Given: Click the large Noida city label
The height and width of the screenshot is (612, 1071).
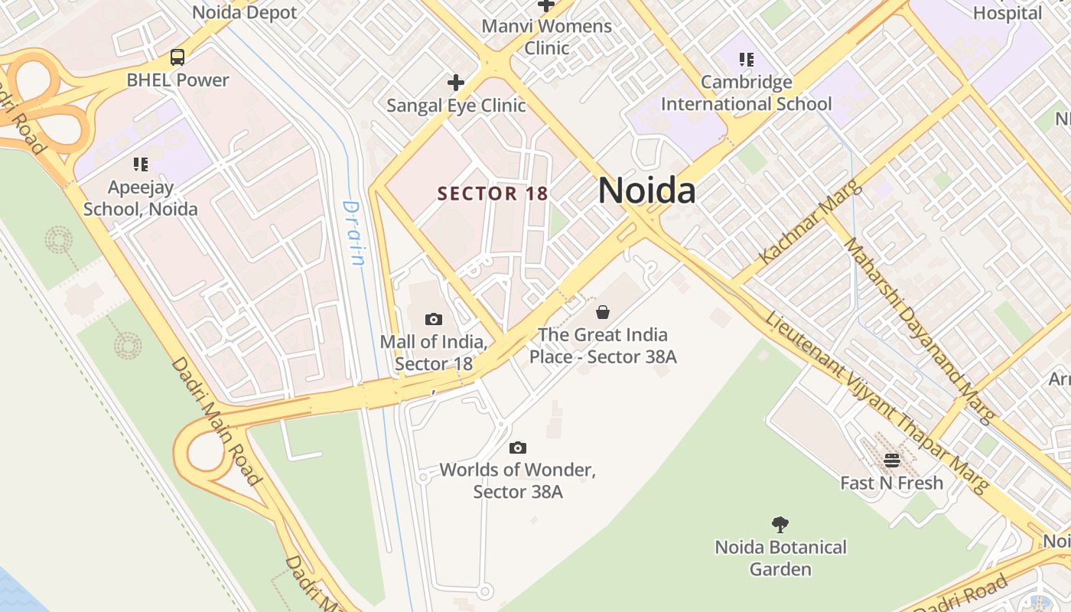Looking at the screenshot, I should [646, 190].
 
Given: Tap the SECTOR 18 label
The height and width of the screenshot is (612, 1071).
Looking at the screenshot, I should [493, 194].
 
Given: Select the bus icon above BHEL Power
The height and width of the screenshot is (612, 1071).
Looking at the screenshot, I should [177, 57].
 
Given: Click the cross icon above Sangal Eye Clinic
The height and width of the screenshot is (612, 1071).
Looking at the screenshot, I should [456, 83].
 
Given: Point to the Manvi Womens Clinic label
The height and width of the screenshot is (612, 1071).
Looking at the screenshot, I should [546, 37].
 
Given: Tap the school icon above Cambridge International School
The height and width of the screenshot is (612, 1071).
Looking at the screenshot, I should [746, 60].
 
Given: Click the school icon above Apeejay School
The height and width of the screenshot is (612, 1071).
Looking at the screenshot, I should [140, 164].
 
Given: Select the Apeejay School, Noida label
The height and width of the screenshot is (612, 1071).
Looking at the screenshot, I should [141, 198].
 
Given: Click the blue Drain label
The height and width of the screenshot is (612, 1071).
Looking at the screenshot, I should [353, 233].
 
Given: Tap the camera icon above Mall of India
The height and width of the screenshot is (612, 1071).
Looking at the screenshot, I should [434, 319].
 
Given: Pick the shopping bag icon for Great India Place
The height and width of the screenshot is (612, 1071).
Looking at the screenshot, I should [603, 312].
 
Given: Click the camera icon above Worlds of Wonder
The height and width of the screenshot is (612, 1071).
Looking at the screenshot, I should [518, 448].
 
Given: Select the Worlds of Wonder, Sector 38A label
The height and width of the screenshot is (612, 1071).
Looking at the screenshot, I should [518, 480].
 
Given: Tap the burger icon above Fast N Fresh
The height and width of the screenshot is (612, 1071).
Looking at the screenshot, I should [892, 461].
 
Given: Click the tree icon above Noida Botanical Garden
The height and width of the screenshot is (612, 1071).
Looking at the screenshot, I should [780, 525].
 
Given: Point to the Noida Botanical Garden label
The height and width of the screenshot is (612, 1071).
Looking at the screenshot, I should [780, 558].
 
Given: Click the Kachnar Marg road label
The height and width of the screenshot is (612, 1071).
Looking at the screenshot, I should [809, 222].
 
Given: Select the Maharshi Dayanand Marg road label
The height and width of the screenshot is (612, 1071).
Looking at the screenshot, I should [918, 330].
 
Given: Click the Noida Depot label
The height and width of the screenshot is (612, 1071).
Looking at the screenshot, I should [244, 12].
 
